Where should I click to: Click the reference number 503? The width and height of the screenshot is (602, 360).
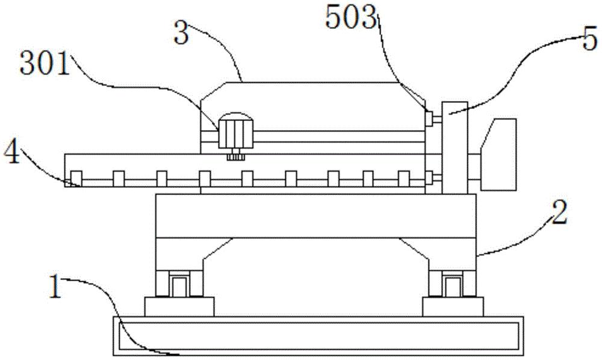click(350, 18)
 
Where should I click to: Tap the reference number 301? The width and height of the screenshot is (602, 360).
click(45, 64)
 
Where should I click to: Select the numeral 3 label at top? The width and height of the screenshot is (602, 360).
click(181, 33)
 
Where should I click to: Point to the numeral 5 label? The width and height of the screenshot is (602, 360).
click(590, 40)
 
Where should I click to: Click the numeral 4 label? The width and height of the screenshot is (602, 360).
click(11, 154)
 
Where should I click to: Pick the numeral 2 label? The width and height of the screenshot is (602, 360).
click(559, 213)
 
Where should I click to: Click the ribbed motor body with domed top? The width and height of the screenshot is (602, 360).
click(236, 131)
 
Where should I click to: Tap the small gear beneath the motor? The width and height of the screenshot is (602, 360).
click(236, 157)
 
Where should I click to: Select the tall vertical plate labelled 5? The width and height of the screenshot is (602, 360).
click(455, 147)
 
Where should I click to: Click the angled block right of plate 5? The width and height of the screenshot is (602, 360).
click(498, 154)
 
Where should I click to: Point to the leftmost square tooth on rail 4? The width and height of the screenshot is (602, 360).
click(76, 179)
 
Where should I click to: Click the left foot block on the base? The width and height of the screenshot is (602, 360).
click(179, 306)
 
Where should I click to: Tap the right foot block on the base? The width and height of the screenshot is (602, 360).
click(453, 306)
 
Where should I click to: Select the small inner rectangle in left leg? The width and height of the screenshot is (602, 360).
click(179, 286)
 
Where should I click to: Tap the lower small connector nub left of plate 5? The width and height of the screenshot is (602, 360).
click(429, 178)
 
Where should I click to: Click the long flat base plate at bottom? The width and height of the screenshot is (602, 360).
click(318, 336)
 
